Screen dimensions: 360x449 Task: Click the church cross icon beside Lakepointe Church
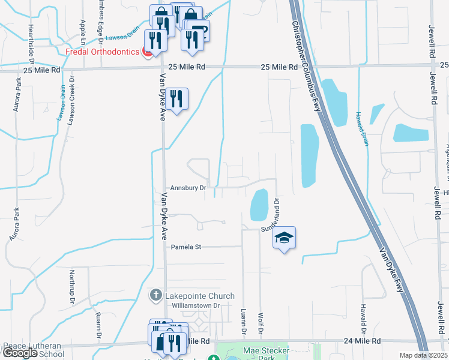point(155,295)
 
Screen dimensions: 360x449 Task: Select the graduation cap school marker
point(285,238)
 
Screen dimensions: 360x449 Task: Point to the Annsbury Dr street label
point(188,188)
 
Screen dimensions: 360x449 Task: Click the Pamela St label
point(188,247)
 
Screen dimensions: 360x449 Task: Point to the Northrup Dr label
point(71,289)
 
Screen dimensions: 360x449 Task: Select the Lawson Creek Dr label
point(71,99)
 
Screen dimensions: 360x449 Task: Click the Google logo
point(20,353)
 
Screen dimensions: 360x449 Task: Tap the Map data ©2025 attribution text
point(423,355)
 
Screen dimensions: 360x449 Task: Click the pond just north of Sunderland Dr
point(259,204)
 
